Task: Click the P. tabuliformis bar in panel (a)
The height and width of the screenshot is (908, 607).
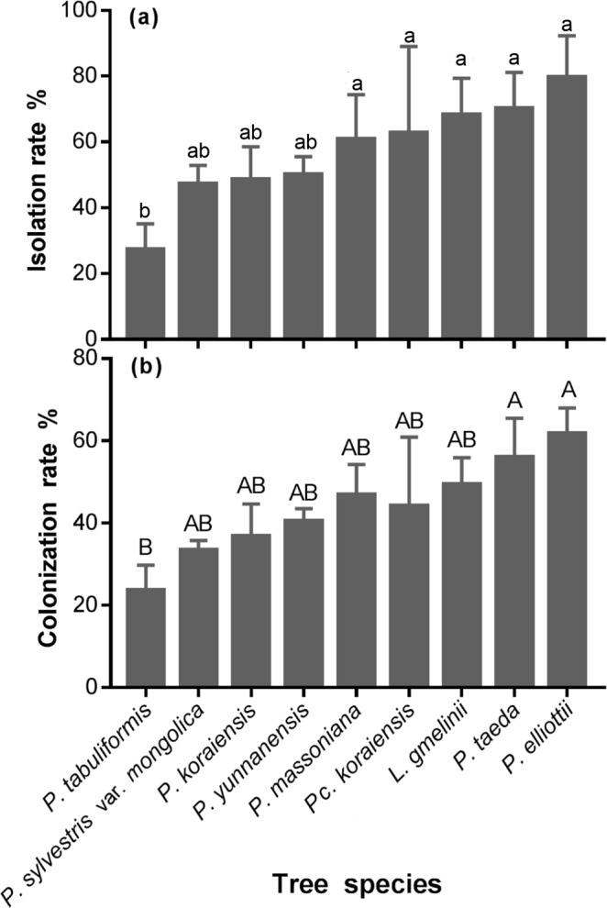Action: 145,293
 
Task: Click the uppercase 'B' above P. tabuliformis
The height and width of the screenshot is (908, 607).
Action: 145,548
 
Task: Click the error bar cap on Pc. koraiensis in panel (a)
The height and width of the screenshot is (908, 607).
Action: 408,45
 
